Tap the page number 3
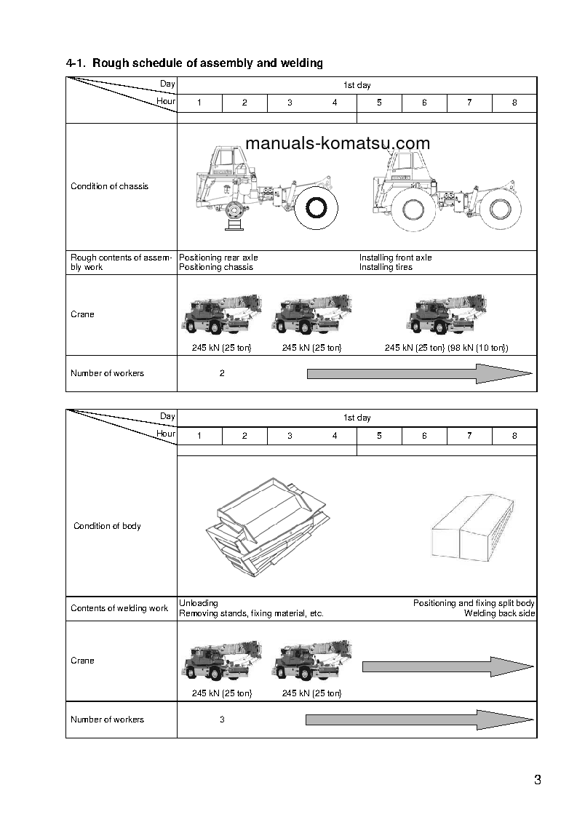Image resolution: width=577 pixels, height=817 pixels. tap(537, 781)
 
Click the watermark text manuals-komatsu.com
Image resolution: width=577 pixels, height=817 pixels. tap(338, 143)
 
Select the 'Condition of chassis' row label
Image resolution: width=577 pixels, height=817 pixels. tap(109, 186)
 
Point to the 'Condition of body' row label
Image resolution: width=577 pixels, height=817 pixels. tap(107, 526)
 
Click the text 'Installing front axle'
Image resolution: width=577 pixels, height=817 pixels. tap(395, 258)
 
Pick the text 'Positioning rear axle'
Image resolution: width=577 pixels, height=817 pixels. tap(218, 258)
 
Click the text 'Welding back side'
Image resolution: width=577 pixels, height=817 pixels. tap(499, 613)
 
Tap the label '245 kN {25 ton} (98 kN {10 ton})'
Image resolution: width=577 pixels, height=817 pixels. tap(446, 348)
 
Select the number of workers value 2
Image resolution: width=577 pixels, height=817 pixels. tap(222, 373)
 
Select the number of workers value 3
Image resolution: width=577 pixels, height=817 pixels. tap(222, 720)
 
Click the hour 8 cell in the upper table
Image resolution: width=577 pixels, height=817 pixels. tap(514, 103)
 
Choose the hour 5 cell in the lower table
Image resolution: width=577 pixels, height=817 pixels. tap(379, 436)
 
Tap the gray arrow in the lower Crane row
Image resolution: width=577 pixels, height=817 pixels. tap(448, 666)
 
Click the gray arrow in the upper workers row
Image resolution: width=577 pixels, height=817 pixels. tap(420, 373)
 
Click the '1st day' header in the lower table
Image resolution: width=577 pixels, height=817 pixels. tap(357, 418)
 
